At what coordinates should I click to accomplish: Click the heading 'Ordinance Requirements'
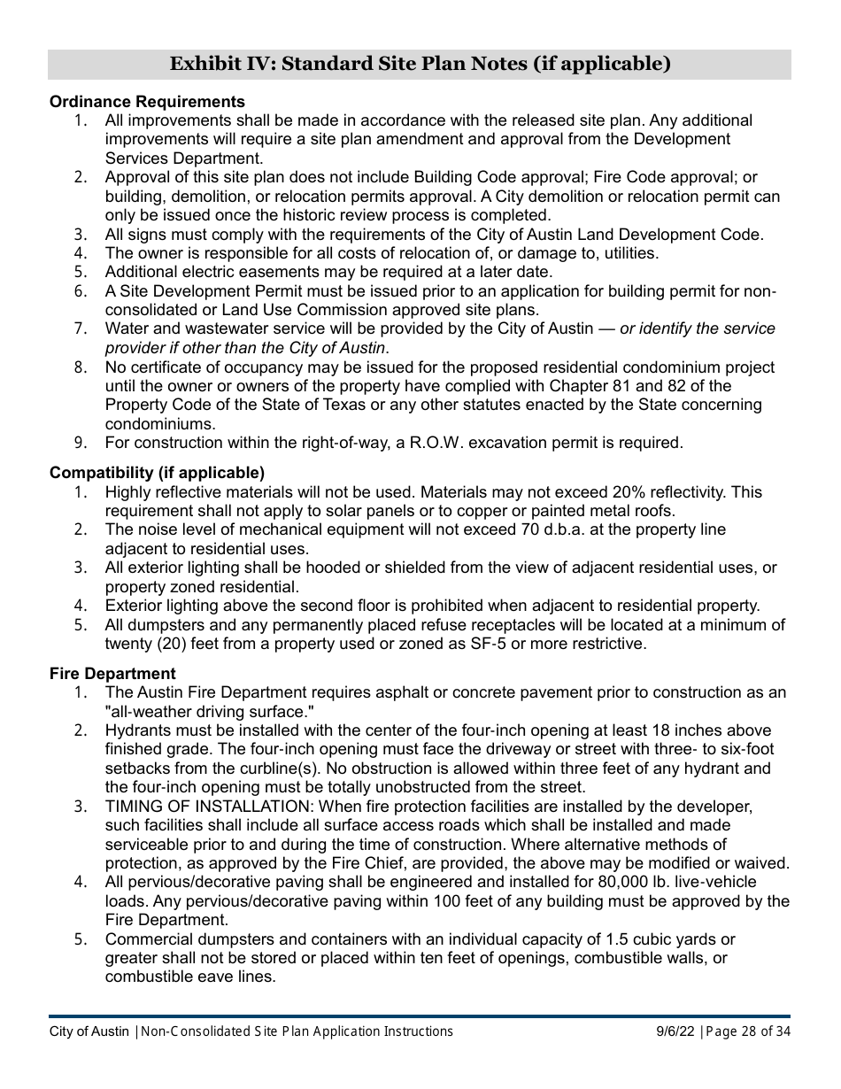[x=147, y=102]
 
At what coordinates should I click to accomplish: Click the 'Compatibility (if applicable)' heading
[x=157, y=473]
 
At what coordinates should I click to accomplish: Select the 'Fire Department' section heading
[x=112, y=674]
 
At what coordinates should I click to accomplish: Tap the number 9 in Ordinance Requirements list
[x=79, y=442]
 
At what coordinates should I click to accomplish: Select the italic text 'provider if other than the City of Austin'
[x=245, y=348]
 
